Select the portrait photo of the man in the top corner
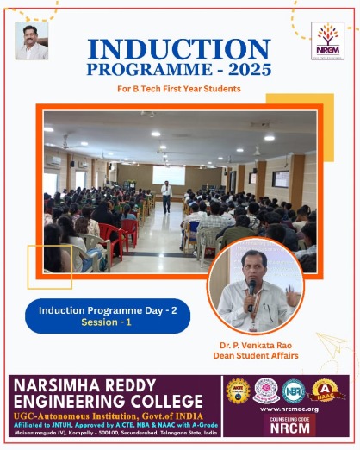tap(32, 41)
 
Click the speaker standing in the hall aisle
tap(166, 197)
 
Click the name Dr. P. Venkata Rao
tap(256, 345)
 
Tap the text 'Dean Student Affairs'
tap(256, 356)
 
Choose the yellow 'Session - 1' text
tap(107, 322)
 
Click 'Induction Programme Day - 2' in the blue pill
tap(107, 309)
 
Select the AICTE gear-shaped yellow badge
tap(238, 391)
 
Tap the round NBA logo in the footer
tap(294, 391)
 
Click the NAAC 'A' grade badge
tap(324, 391)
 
